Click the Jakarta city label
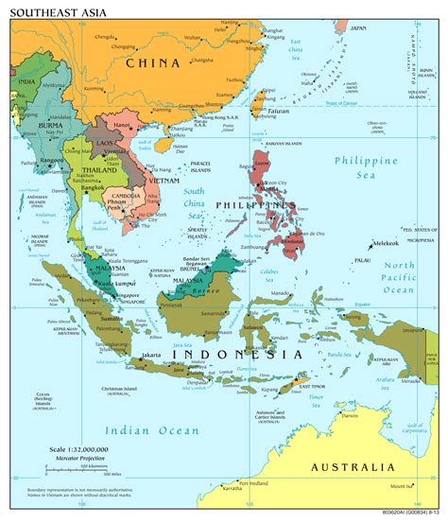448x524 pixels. [151, 355]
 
